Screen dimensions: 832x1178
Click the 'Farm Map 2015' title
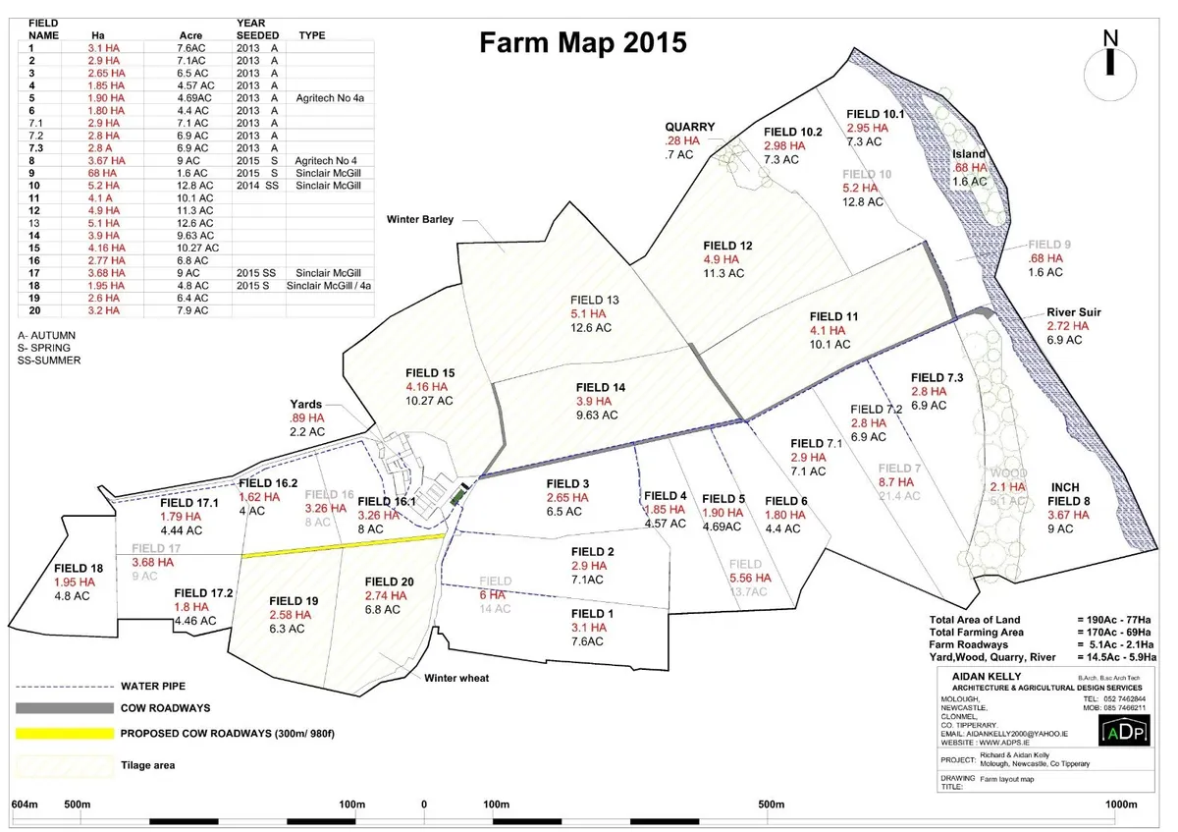point(581,44)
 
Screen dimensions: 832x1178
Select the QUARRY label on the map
point(690,127)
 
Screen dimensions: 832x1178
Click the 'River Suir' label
point(1073,312)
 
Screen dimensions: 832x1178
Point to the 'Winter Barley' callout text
point(421,219)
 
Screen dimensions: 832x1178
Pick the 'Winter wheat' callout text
point(457,678)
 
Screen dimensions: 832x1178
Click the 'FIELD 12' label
point(727,246)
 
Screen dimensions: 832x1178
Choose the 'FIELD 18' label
point(79,568)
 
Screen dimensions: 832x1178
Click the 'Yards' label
point(305,404)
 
